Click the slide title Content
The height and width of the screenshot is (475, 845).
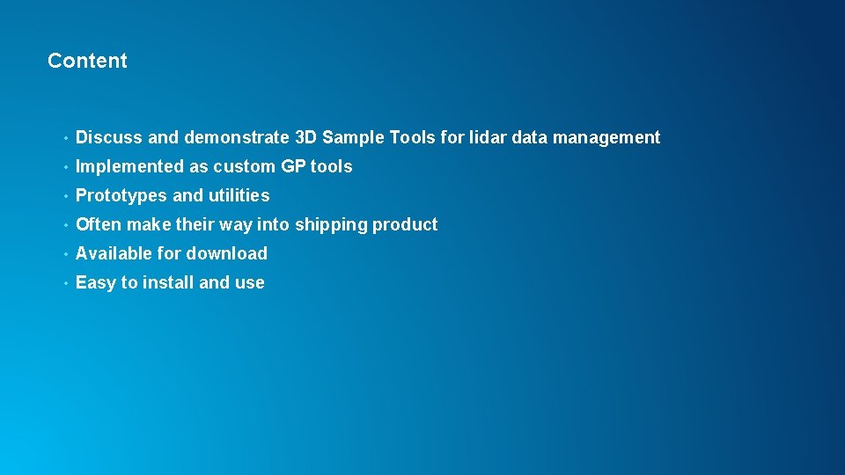click(87, 61)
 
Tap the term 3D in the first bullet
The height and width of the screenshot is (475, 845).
click(305, 137)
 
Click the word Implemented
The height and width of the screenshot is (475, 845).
click(130, 166)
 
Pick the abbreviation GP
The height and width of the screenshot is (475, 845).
click(293, 166)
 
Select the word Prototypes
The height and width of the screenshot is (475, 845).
click(121, 195)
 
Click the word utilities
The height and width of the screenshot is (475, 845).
click(239, 195)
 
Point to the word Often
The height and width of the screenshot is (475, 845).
click(99, 224)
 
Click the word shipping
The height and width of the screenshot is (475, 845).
click(331, 225)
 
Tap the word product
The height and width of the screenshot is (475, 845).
click(405, 225)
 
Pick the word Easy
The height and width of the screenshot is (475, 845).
click(96, 283)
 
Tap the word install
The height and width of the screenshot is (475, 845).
click(168, 282)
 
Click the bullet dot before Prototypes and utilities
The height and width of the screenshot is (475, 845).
click(65, 196)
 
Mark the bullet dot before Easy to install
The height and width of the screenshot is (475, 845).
click(65, 283)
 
